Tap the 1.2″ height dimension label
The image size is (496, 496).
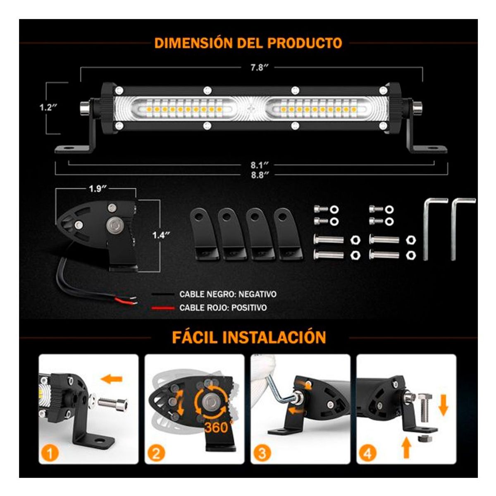(x=48, y=107)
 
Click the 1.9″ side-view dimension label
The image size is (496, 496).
(x=98, y=189)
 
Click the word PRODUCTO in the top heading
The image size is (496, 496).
(x=305, y=43)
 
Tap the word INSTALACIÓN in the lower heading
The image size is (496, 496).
(x=274, y=337)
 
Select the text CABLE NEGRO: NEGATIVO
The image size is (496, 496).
(x=228, y=294)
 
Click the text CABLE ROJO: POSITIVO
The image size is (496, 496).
(x=223, y=308)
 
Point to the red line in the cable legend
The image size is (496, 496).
(x=163, y=308)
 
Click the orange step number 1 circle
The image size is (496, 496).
(x=50, y=454)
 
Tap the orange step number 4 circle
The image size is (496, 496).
(x=367, y=454)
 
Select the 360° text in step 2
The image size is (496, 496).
(x=216, y=427)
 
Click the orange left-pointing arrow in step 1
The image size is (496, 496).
(x=112, y=378)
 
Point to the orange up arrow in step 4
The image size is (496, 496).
(x=407, y=447)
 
